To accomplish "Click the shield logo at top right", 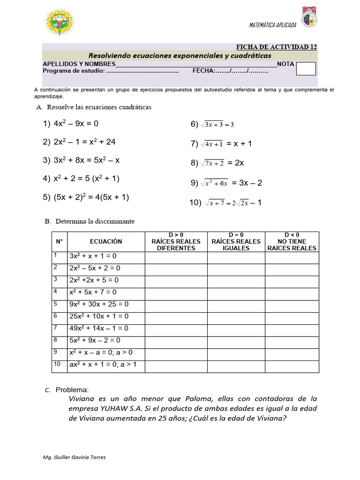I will coord(308,17).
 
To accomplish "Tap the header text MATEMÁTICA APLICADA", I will coord(272,25).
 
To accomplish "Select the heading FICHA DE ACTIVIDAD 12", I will coord(276,47).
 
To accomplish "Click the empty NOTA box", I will coord(306,69).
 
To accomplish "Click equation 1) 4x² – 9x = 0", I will coord(71,124).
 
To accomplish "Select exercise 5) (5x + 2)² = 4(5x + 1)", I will coord(86,197).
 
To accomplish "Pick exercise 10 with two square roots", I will coord(225,202).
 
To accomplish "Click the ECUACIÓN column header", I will coord(106,241).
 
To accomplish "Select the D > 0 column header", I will coord(176,241).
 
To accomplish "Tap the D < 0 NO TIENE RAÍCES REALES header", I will coord(292,241).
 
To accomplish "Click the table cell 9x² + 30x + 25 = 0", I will coord(99,304).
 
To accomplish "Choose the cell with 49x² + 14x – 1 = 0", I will coord(99,329).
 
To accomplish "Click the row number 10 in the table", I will coord(57,364).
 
